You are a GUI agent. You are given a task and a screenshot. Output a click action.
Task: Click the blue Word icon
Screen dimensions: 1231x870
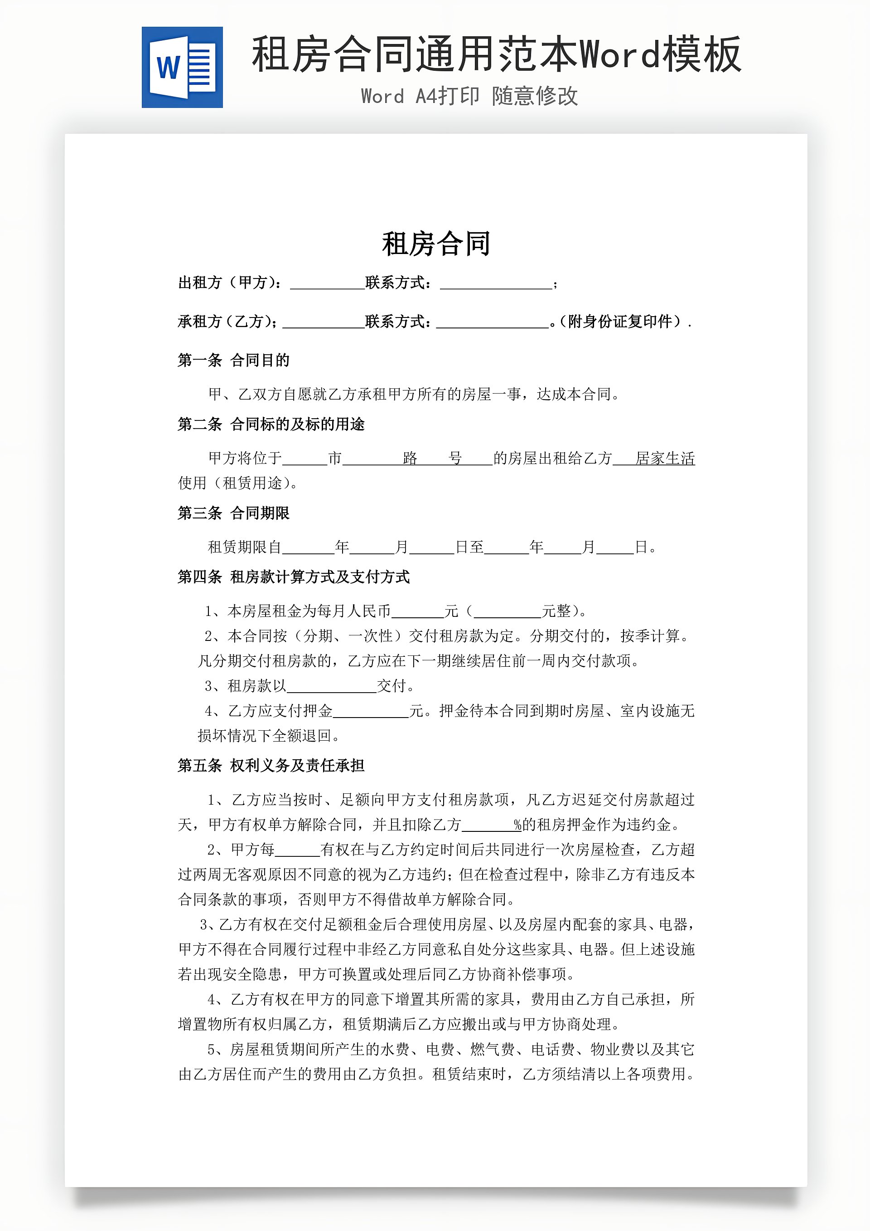[182, 67]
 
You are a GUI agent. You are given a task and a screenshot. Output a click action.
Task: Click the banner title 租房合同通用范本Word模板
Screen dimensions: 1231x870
[496, 54]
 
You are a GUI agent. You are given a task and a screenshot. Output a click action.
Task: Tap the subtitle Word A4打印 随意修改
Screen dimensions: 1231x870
[469, 97]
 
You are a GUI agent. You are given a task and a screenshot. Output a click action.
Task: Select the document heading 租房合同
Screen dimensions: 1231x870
[436, 244]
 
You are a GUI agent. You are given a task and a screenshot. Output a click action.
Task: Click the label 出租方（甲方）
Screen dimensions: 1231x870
[230, 283]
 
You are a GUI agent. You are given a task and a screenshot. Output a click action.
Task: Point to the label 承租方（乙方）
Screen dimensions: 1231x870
[227, 321]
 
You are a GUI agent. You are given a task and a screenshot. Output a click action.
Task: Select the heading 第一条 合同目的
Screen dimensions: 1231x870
[233, 360]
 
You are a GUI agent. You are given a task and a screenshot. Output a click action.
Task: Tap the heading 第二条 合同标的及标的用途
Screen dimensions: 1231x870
[271, 424]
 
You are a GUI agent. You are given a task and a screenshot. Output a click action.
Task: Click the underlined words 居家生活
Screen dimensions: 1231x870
[665, 459]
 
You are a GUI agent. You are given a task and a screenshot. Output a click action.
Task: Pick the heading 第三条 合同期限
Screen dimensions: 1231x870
[233, 513]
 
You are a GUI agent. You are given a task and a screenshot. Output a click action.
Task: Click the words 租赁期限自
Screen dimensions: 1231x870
[244, 547]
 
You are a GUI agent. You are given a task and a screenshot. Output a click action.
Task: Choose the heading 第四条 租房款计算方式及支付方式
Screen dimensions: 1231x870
[294, 577]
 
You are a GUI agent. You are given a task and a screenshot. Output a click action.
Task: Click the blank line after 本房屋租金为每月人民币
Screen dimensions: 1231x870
[417, 612]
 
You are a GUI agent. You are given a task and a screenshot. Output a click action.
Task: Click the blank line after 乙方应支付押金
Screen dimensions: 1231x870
[371, 713]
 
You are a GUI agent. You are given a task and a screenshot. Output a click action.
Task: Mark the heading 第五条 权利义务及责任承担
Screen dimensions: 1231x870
[271, 766]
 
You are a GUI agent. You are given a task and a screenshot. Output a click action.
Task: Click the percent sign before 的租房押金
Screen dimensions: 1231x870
[517, 825]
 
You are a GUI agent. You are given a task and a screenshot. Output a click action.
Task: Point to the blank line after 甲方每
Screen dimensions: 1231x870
[297, 851]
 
